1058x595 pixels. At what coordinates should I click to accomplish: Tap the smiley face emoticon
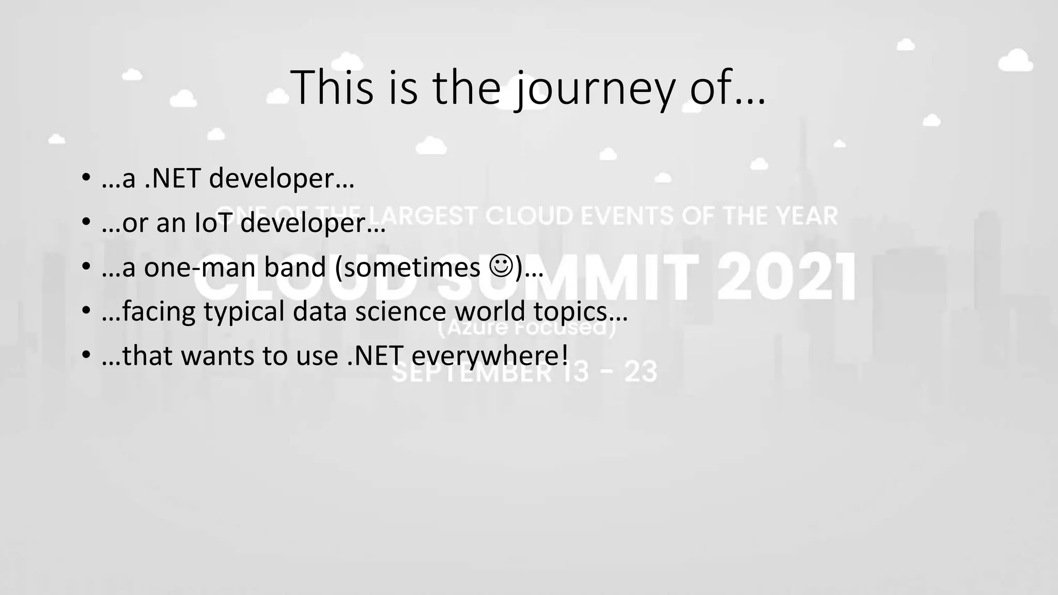pos(501,267)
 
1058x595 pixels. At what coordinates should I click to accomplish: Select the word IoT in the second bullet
pos(213,223)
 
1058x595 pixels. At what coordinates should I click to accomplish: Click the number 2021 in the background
pos(786,277)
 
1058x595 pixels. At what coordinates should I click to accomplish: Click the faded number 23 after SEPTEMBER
pos(641,372)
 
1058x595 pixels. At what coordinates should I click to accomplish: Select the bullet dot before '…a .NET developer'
pos(86,179)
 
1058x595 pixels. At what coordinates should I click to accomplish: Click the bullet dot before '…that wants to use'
pos(86,356)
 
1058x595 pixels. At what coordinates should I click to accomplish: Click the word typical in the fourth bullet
pos(243,312)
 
